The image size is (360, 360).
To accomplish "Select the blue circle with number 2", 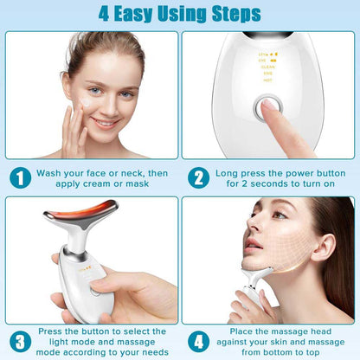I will (199, 179).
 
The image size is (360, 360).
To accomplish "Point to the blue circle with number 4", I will (199, 338).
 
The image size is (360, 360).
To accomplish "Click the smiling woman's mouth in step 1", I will (104, 122).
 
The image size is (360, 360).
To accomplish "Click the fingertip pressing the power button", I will (275, 111).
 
